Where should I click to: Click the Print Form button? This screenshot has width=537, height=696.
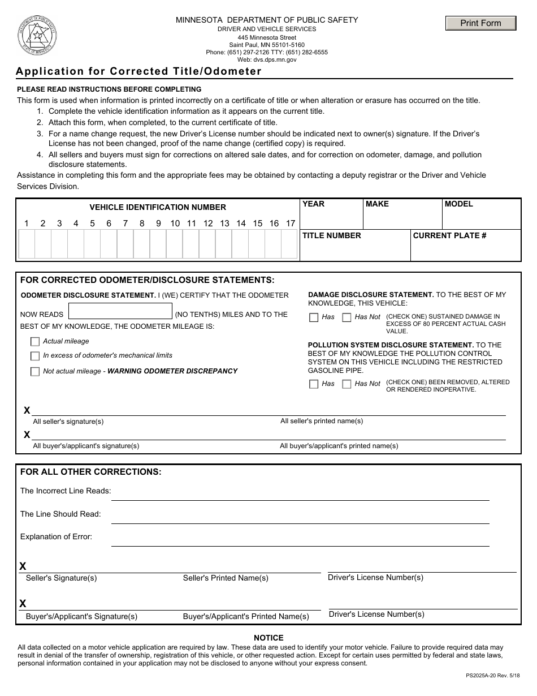pos(480,23)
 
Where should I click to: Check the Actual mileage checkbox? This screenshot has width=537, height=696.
pos(35,342)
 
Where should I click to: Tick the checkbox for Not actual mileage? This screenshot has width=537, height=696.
pos(35,372)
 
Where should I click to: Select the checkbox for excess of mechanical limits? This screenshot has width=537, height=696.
pos(35,356)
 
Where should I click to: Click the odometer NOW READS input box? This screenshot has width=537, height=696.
pos(120,311)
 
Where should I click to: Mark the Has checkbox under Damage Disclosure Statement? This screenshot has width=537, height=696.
pos(314,317)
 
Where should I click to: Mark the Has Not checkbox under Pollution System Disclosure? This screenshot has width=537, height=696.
pos(347,384)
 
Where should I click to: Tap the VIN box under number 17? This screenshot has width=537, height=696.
pos(289,244)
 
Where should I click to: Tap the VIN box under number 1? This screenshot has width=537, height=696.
pos(27,244)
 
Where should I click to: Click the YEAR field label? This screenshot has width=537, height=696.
pos(313,204)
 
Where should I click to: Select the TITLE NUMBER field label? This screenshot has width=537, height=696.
pos(331,235)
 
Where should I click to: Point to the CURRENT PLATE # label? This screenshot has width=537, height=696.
pos(449,235)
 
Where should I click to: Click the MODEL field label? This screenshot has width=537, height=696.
pos(458,204)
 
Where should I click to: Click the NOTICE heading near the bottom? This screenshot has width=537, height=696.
pos(268,638)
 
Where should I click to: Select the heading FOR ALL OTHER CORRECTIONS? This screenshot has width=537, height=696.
pos(91,472)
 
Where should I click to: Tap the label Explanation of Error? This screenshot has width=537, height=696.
pos(56,536)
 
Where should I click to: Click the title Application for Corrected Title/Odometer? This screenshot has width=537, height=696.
pos(139,71)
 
